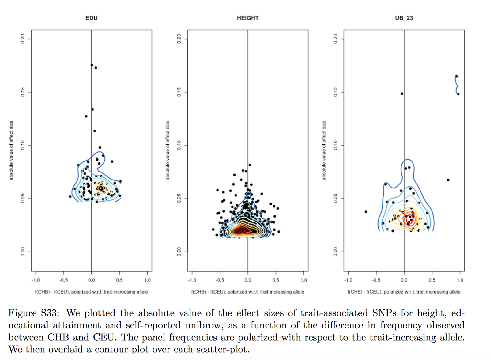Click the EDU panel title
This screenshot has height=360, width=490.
[x=91, y=18]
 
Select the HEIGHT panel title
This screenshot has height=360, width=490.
[x=248, y=18]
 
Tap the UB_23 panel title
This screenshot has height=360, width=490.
[x=404, y=18]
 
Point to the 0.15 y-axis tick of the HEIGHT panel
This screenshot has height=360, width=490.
[x=179, y=92]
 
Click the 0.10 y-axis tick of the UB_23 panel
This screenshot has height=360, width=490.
[x=335, y=145]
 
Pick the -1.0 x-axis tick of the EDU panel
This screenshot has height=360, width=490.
[x=36, y=280]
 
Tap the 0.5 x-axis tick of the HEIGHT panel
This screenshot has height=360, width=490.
[x=276, y=280]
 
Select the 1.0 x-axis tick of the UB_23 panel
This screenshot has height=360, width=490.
[x=460, y=280]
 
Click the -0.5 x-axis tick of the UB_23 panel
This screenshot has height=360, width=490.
[x=376, y=280]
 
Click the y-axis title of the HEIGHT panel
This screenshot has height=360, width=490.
[x=168, y=150]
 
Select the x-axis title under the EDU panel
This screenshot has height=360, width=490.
[x=91, y=292]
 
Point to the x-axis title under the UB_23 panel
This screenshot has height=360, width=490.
[x=404, y=292]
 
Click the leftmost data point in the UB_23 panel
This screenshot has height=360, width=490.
[x=366, y=212]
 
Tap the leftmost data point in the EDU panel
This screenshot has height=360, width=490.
[x=70, y=196]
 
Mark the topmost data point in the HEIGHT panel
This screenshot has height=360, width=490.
[x=250, y=165]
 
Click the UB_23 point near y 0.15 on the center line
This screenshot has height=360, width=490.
[x=402, y=93]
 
